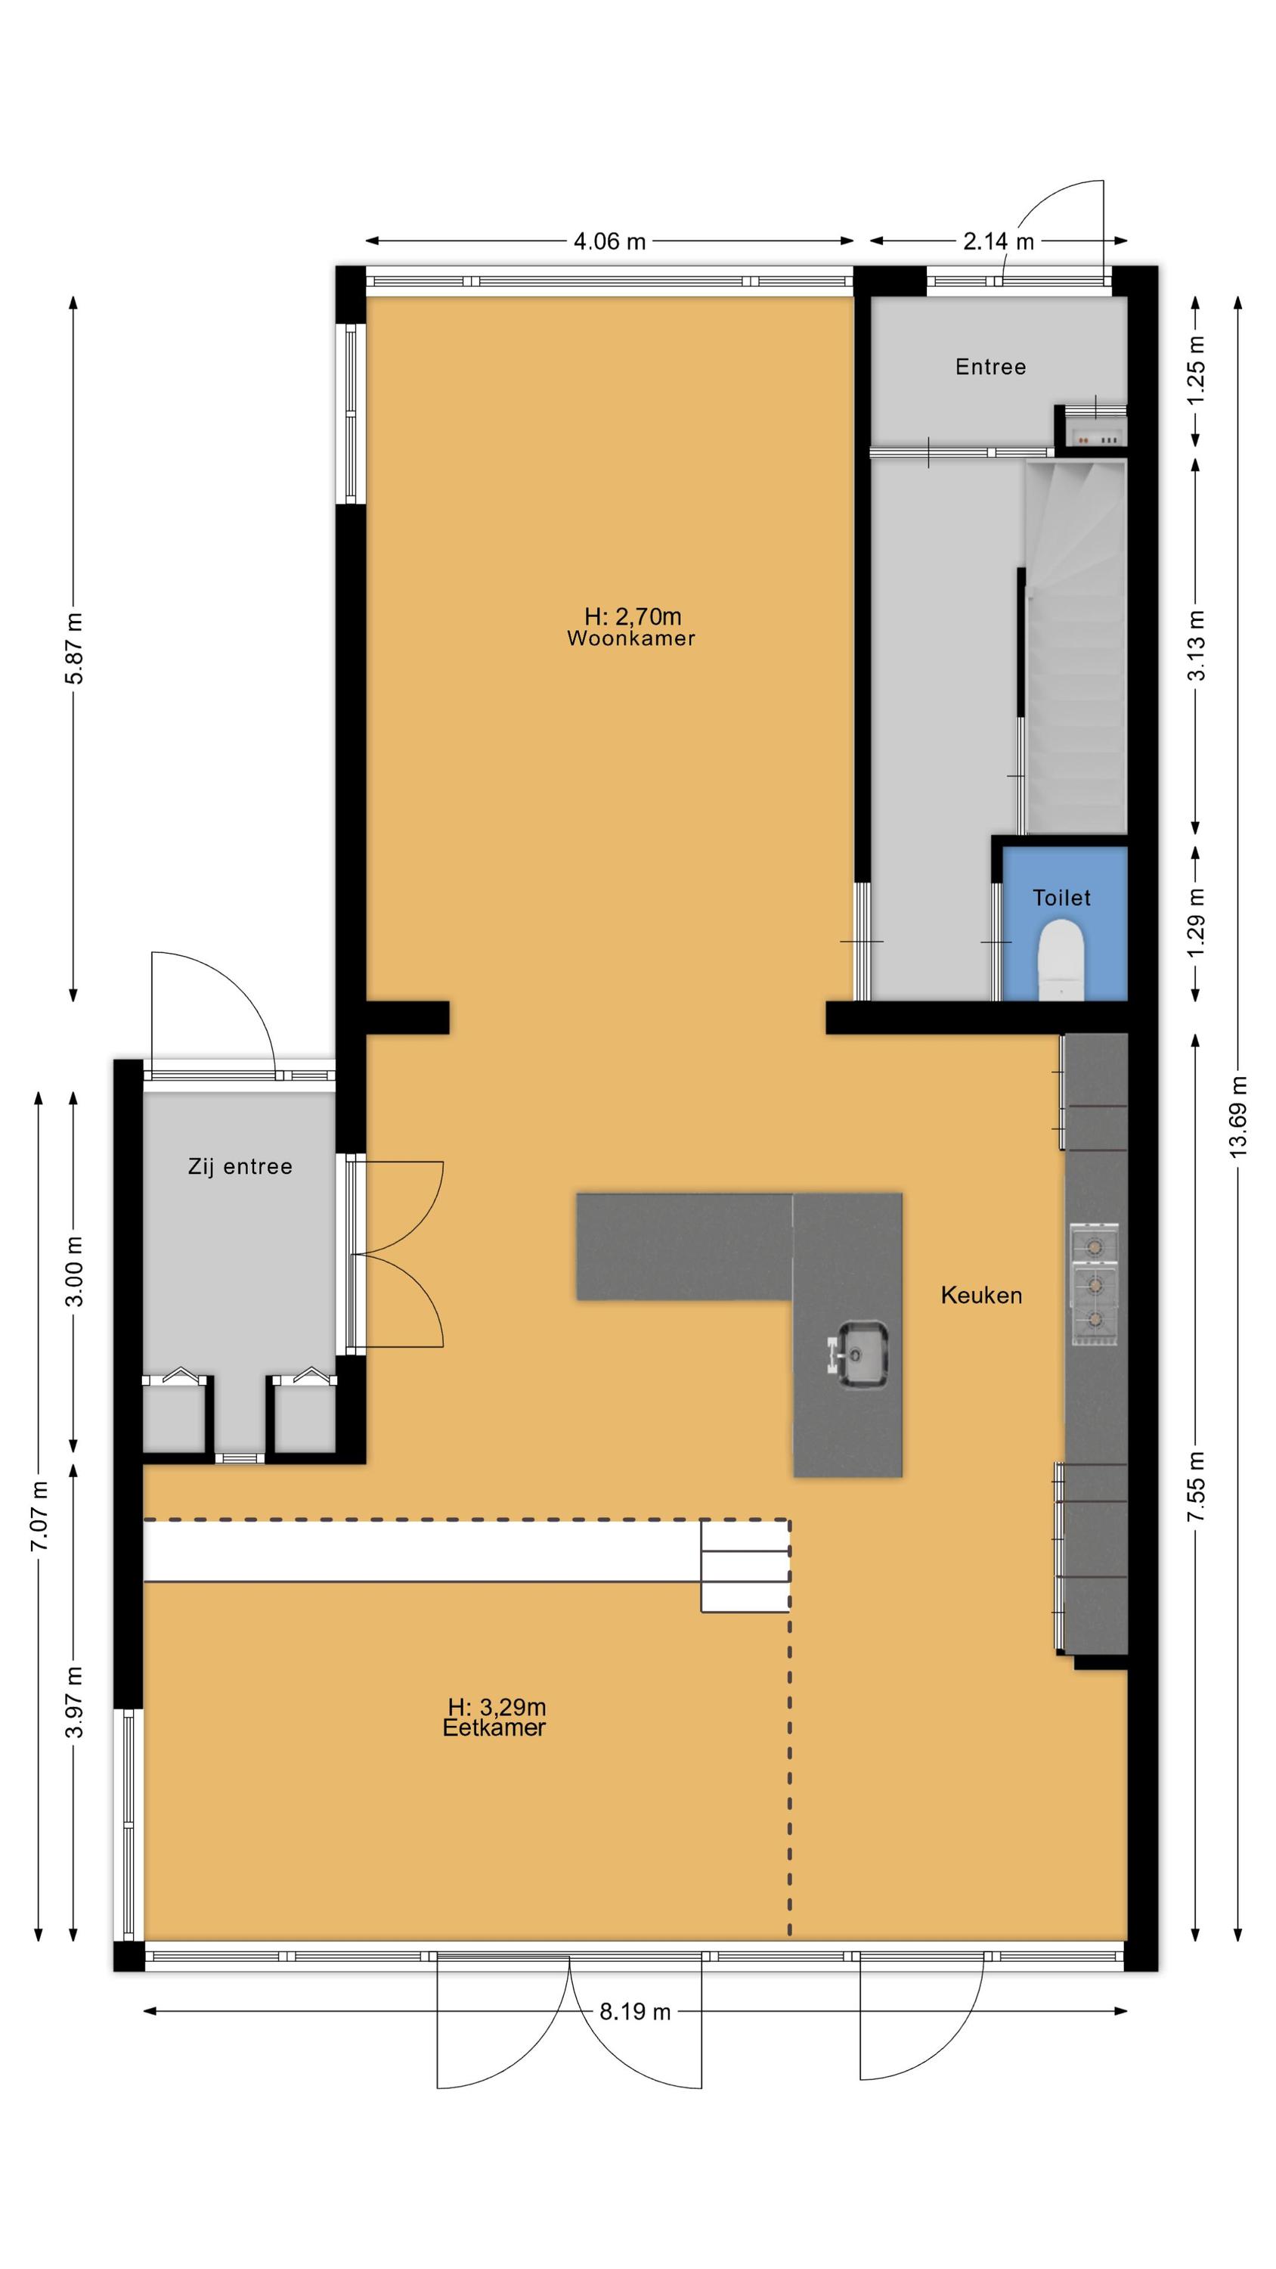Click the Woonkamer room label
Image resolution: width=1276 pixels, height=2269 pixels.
[x=630, y=638]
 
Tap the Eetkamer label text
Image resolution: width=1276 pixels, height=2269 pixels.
[x=494, y=1727]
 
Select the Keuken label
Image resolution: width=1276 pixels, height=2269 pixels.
[x=981, y=1295]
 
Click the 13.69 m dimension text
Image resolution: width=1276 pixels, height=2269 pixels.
[x=1238, y=1116]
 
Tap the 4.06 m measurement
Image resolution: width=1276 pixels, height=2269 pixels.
[x=609, y=241]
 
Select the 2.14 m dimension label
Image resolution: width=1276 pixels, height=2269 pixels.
[x=999, y=241]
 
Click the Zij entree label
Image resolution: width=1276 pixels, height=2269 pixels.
[x=240, y=1167]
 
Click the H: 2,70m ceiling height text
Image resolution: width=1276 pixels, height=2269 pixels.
[x=632, y=616]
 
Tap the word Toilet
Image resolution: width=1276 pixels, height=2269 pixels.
[x=1061, y=898]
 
